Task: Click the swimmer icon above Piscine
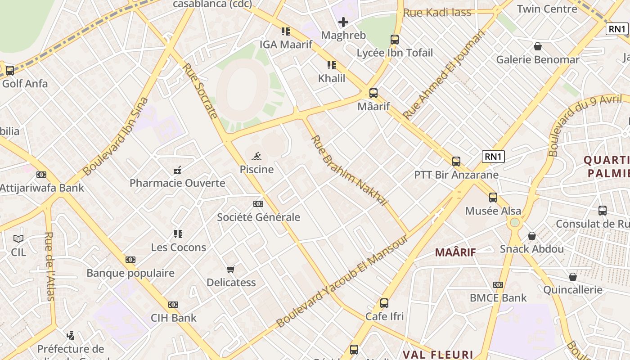[256, 157]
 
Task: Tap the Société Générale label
[258, 217]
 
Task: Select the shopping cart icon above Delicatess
[231, 269]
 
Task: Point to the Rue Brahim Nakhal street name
[349, 171]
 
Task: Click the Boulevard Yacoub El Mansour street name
[342, 281]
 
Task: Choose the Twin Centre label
[547, 9]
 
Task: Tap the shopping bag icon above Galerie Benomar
[537, 46]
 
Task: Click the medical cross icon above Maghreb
[343, 22]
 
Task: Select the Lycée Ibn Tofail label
[395, 53]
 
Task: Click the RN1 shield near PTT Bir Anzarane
[493, 157]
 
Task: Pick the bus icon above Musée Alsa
[493, 198]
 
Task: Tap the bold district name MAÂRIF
[455, 252]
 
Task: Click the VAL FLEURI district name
[438, 355]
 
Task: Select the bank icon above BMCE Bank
[498, 285]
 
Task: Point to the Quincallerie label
[572, 289]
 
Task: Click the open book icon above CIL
[18, 238]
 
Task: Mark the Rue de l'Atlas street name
[49, 265]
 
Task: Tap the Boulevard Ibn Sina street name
[116, 136]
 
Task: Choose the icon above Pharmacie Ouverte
[177, 170]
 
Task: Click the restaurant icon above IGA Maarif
[286, 31]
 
